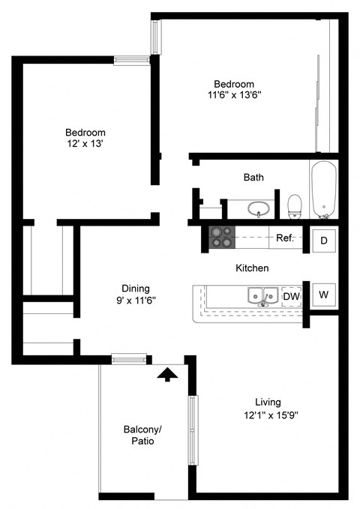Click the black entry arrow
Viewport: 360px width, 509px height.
(168, 374)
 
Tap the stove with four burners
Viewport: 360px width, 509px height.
(222, 238)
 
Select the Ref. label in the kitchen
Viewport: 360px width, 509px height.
(285, 238)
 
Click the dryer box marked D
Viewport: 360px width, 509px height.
(323, 241)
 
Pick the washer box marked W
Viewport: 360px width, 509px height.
(323, 295)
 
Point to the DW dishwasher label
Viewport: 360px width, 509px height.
(292, 296)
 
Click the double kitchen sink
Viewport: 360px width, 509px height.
(262, 295)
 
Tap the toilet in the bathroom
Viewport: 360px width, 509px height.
(295, 206)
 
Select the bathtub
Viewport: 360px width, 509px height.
(323, 190)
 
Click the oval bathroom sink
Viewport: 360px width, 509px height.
(258, 209)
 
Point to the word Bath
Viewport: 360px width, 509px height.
(253, 177)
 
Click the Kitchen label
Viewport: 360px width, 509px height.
(252, 268)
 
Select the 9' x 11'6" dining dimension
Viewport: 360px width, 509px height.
(136, 301)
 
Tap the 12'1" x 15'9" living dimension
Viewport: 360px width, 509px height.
(271, 415)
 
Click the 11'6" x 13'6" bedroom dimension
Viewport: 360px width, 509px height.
(235, 95)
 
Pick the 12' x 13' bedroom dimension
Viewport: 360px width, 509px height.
(85, 143)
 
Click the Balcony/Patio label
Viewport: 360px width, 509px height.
(142, 435)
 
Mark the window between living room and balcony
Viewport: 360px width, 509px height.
(193, 430)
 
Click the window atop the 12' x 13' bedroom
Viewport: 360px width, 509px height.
(131, 61)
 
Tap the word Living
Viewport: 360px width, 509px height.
(268, 403)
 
